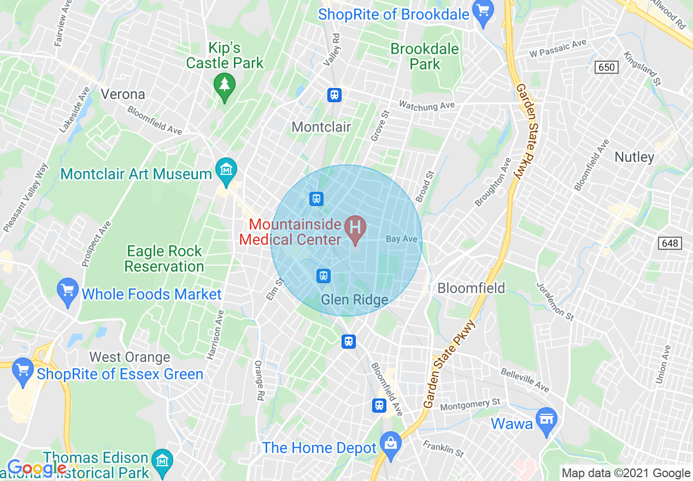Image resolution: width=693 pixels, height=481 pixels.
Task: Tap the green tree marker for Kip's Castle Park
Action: click(224, 85)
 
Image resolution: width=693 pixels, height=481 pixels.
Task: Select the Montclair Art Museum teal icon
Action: click(226, 169)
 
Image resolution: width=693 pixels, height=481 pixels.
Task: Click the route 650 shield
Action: click(606, 67)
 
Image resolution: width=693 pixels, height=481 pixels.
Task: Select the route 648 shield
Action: click(670, 243)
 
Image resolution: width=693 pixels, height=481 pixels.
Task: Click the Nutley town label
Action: click(634, 157)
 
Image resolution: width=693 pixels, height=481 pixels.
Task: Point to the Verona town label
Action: click(123, 94)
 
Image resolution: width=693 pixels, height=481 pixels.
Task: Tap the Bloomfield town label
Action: click(471, 288)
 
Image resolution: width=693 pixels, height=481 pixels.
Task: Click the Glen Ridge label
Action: click(354, 300)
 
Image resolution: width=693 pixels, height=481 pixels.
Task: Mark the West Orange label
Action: click(130, 357)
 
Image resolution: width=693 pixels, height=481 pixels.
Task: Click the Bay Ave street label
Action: click(402, 239)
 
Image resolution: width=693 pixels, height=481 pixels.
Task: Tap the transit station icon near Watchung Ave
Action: click(334, 95)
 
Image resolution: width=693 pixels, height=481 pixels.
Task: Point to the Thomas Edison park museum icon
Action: click(162, 459)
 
